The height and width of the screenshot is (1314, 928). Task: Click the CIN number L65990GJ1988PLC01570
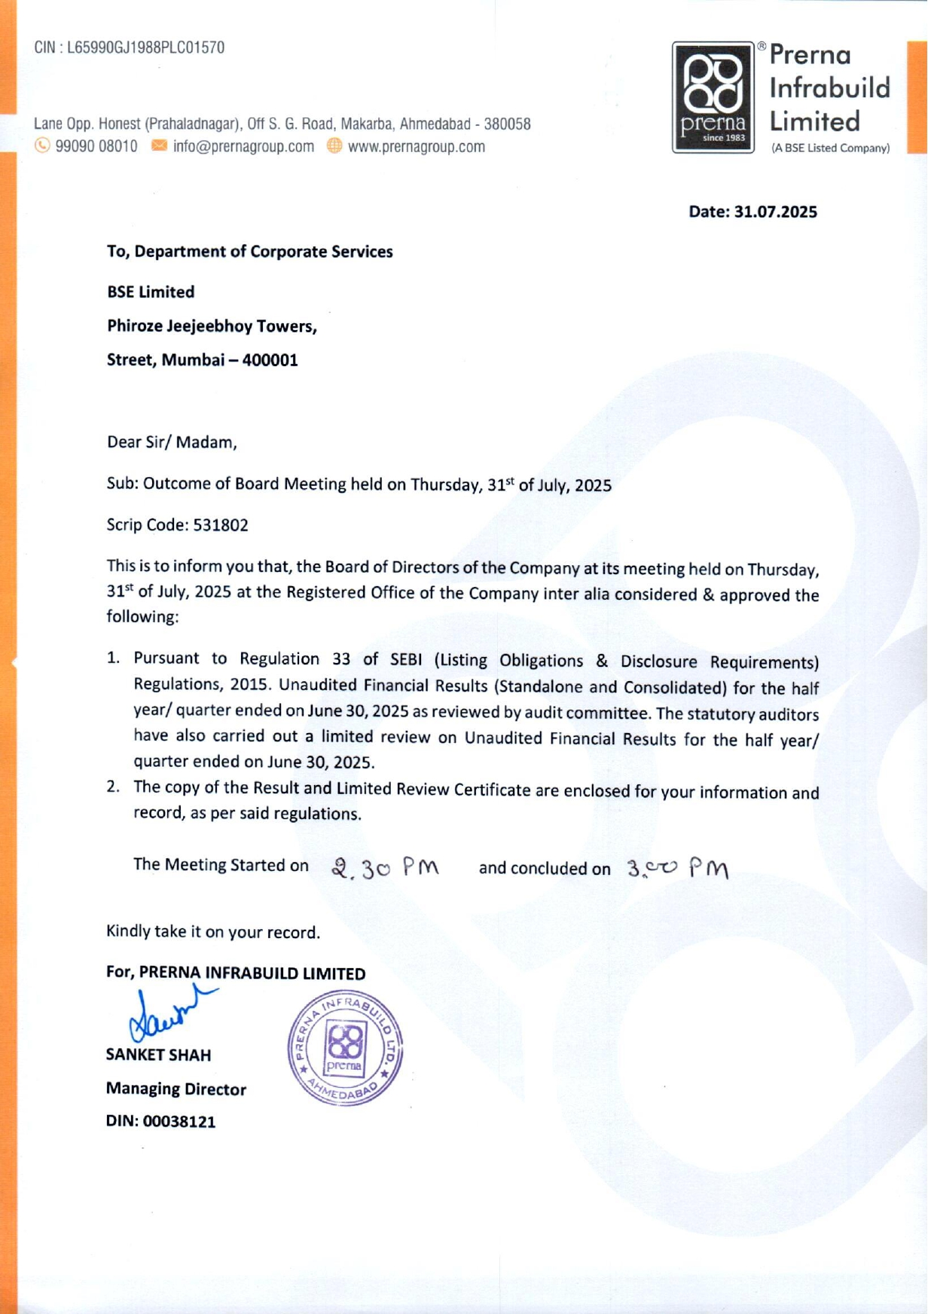pyautogui.click(x=145, y=47)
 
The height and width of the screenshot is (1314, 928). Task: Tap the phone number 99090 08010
pyautogui.click(x=96, y=146)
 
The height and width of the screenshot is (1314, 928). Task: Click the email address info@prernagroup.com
pyautogui.click(x=243, y=146)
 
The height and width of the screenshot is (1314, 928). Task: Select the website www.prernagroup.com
pyautogui.click(x=416, y=146)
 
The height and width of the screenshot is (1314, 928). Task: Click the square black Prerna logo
pyautogui.click(x=713, y=97)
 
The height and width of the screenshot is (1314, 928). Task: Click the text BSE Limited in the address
pyautogui.click(x=151, y=292)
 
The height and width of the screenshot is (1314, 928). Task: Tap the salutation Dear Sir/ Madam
pyautogui.click(x=172, y=442)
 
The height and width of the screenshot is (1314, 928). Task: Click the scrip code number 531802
pyautogui.click(x=221, y=525)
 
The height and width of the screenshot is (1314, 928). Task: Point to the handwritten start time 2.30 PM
pyautogui.click(x=385, y=868)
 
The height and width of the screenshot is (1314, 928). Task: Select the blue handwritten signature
pyautogui.click(x=170, y=1014)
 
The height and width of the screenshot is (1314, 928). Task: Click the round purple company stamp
pyautogui.click(x=346, y=1048)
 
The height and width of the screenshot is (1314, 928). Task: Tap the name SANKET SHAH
pyautogui.click(x=158, y=1055)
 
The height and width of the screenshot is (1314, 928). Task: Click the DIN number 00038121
pyautogui.click(x=179, y=1121)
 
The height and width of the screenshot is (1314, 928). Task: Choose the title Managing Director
pyautogui.click(x=176, y=1089)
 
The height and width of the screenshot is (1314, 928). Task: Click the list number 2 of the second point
pyautogui.click(x=113, y=787)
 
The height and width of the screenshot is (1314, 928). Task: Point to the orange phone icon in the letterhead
pyautogui.click(x=43, y=145)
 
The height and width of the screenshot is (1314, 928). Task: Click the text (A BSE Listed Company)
pyautogui.click(x=830, y=148)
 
